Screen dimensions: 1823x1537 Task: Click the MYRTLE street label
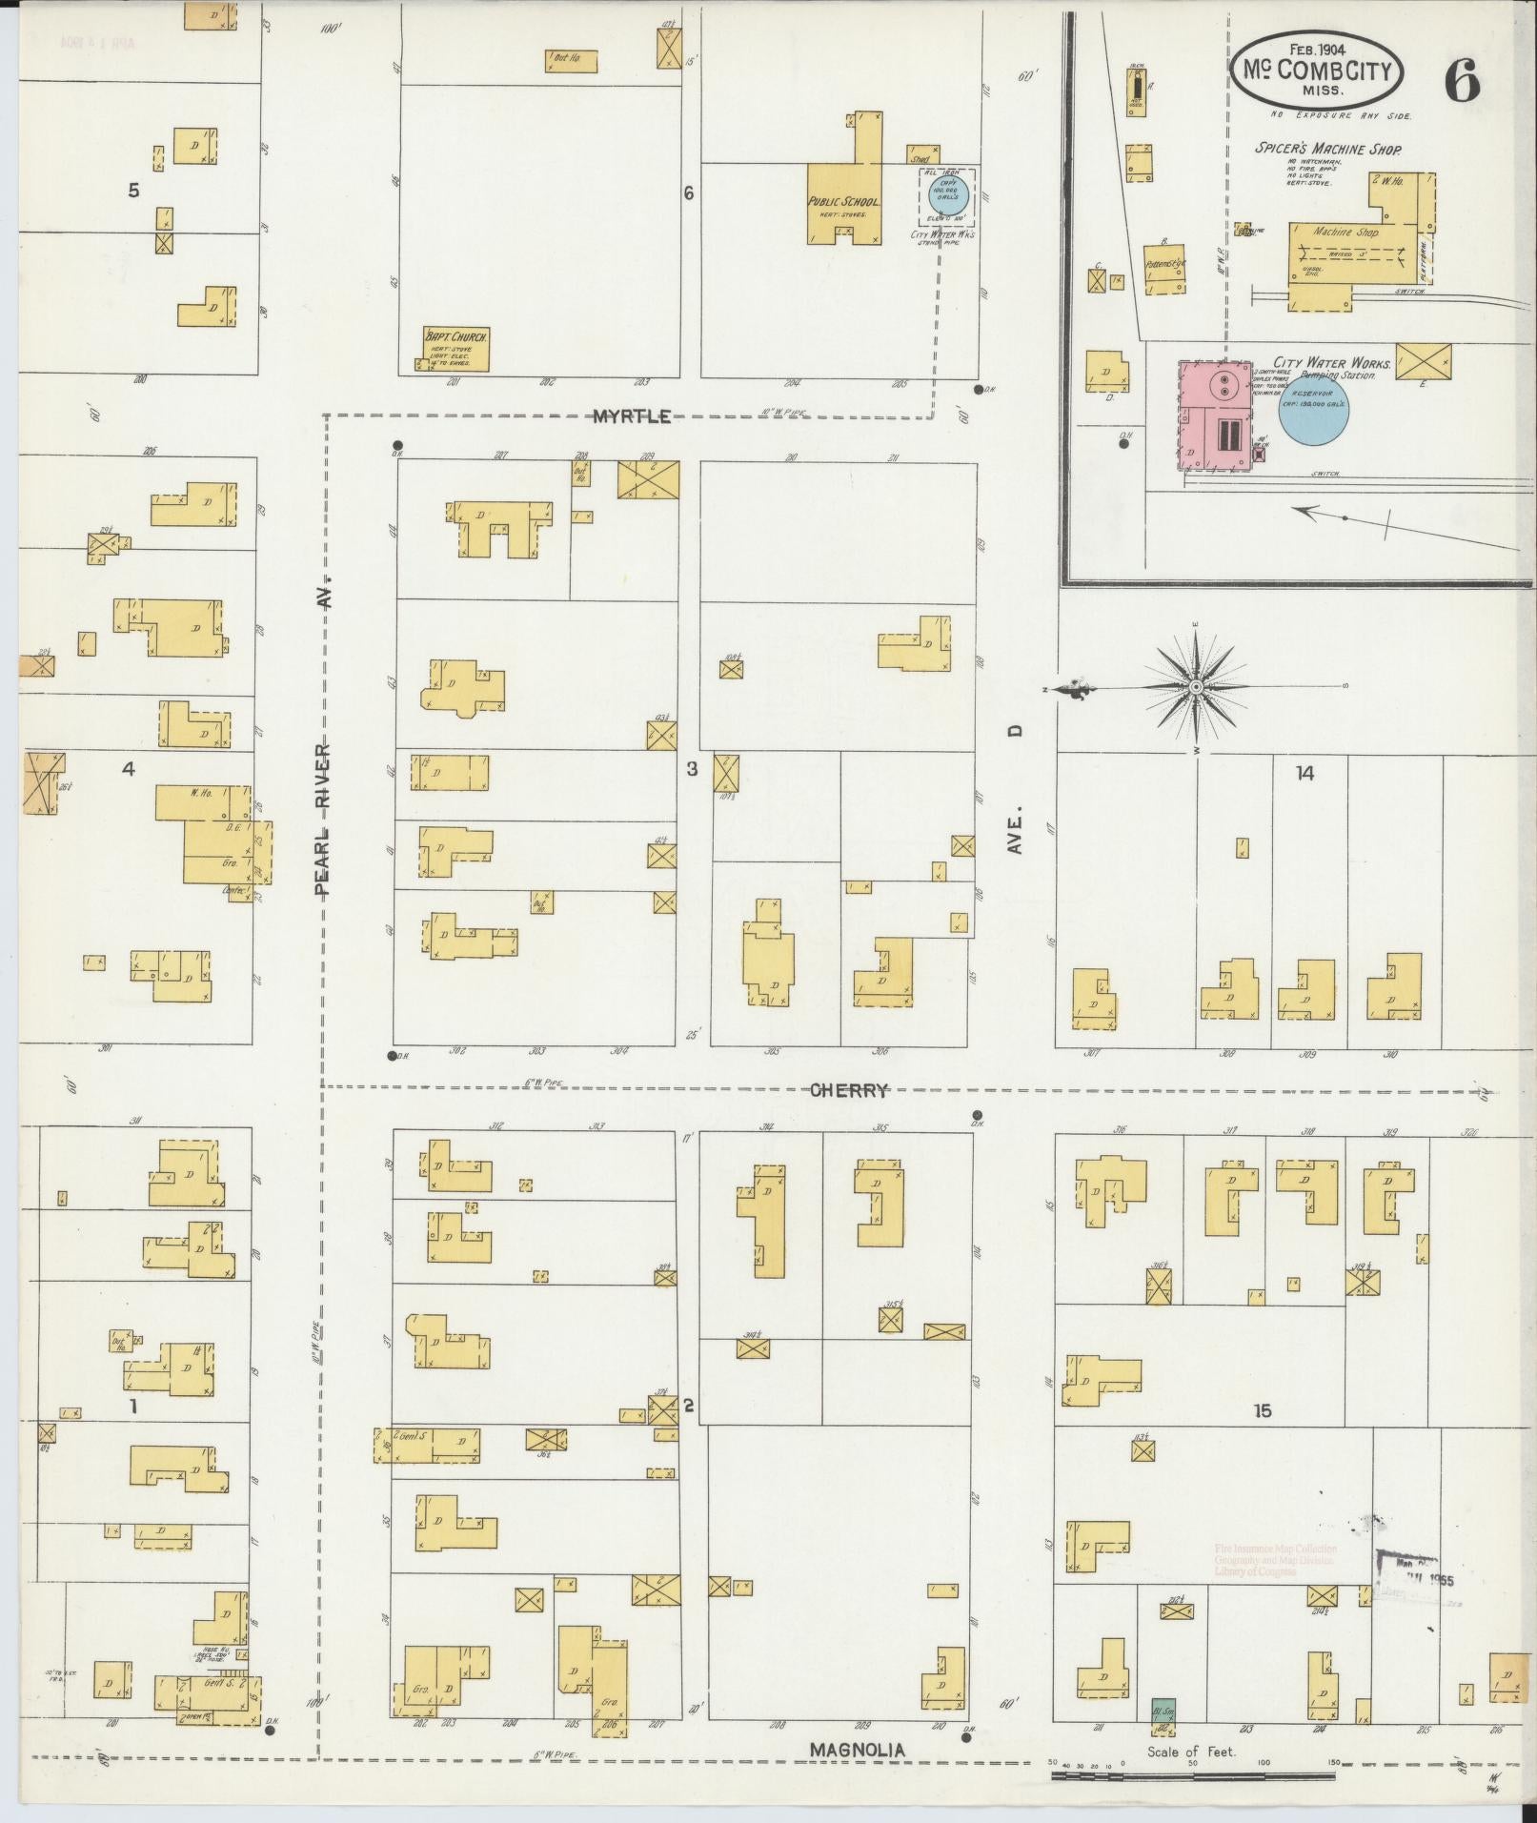point(632,416)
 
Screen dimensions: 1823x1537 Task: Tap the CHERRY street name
point(849,1090)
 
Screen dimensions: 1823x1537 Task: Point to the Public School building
point(844,202)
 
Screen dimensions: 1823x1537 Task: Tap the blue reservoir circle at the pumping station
point(1313,411)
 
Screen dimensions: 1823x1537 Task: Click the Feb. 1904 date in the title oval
point(1316,49)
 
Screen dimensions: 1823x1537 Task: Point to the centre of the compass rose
point(1195,687)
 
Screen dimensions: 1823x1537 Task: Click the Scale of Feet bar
point(1191,1775)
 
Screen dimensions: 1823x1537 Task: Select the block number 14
point(1304,774)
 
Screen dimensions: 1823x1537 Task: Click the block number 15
point(1262,1410)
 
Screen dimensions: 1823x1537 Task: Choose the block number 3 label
point(693,769)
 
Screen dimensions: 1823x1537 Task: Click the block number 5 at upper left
point(133,191)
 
